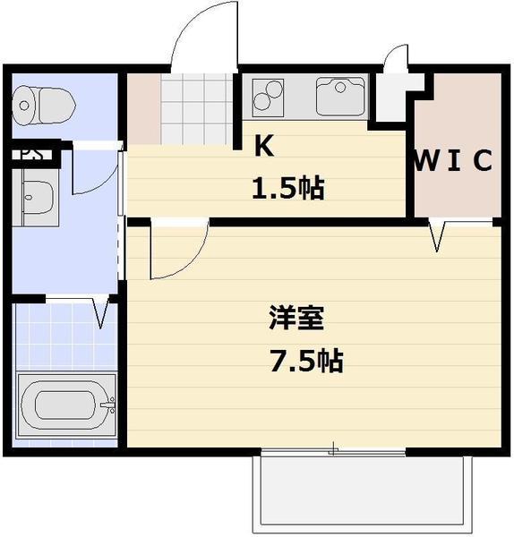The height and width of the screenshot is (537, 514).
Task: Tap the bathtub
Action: (65, 405)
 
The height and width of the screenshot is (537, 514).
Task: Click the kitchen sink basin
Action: (341, 98)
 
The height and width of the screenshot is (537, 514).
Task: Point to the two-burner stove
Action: (269, 97)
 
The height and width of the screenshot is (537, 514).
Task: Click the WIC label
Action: (454, 162)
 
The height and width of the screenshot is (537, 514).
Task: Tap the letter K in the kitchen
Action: (263, 147)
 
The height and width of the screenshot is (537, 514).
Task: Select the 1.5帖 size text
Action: (287, 189)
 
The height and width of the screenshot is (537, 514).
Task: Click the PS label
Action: (31, 153)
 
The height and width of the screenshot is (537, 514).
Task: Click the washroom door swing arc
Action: (94, 173)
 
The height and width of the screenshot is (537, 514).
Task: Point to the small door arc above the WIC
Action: (395, 64)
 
